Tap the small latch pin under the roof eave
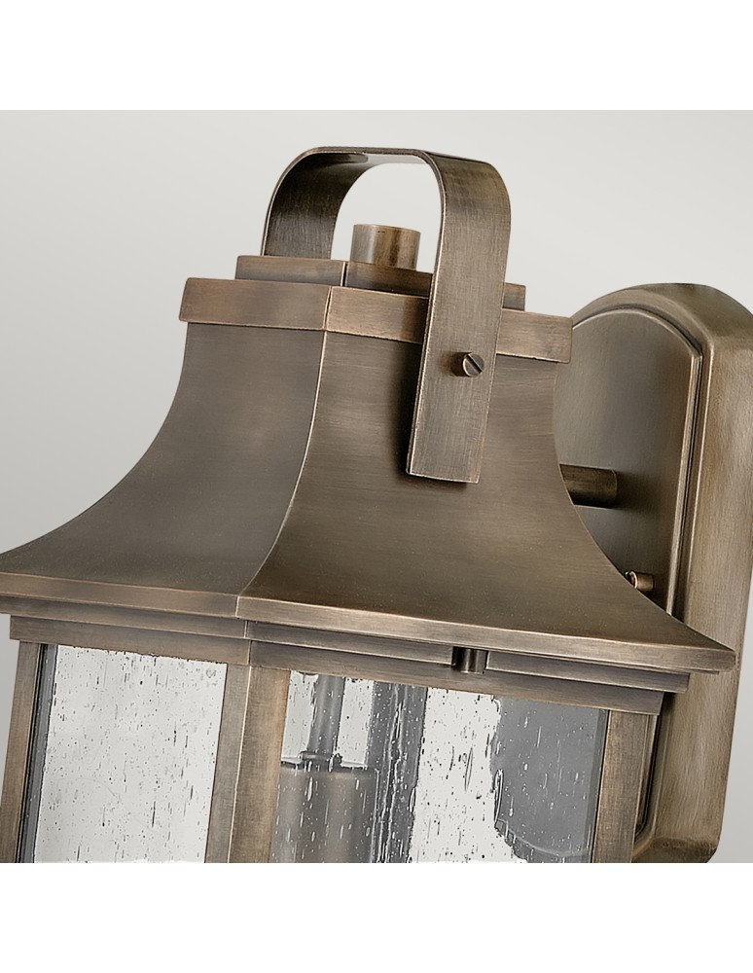click(470, 660)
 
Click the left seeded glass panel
click(131, 754)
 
